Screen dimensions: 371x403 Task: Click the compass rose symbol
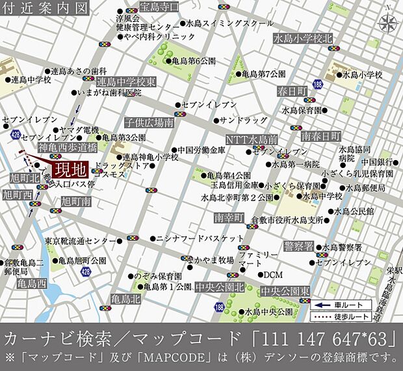[388, 24]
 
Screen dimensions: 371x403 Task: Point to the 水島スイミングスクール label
[230, 23]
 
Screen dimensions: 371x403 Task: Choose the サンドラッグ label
[244, 120]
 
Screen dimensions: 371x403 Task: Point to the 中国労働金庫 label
[201, 150]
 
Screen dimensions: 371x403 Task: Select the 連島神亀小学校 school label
[150, 158]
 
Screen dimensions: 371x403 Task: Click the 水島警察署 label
[342, 247]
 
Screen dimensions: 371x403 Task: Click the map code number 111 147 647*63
[324, 339]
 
